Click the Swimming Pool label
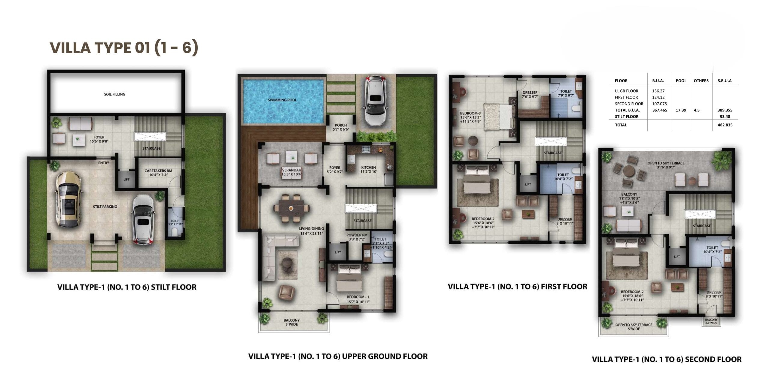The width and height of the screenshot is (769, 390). (x=282, y=100)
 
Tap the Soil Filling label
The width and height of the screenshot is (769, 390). (x=115, y=94)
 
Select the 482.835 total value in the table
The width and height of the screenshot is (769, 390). (x=725, y=125)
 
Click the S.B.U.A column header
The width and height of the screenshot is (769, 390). (x=725, y=81)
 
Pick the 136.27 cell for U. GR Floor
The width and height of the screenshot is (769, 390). (x=658, y=91)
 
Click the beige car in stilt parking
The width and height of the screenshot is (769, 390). (x=68, y=199)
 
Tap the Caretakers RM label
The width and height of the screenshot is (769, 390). (x=158, y=173)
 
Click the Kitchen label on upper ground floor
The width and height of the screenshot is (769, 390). (x=369, y=170)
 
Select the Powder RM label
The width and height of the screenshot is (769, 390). (x=357, y=237)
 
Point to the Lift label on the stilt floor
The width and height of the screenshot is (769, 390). (x=126, y=180)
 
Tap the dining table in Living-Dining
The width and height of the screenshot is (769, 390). (x=291, y=208)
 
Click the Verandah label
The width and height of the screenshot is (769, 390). (x=291, y=172)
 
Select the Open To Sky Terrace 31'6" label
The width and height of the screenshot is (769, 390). (x=666, y=165)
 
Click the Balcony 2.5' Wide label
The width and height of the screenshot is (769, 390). (x=711, y=321)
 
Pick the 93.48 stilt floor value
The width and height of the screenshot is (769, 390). (x=725, y=116)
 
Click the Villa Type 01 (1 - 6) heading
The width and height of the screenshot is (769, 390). (x=124, y=48)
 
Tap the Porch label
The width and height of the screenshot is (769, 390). (x=341, y=127)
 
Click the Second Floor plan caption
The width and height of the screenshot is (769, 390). (x=667, y=359)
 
